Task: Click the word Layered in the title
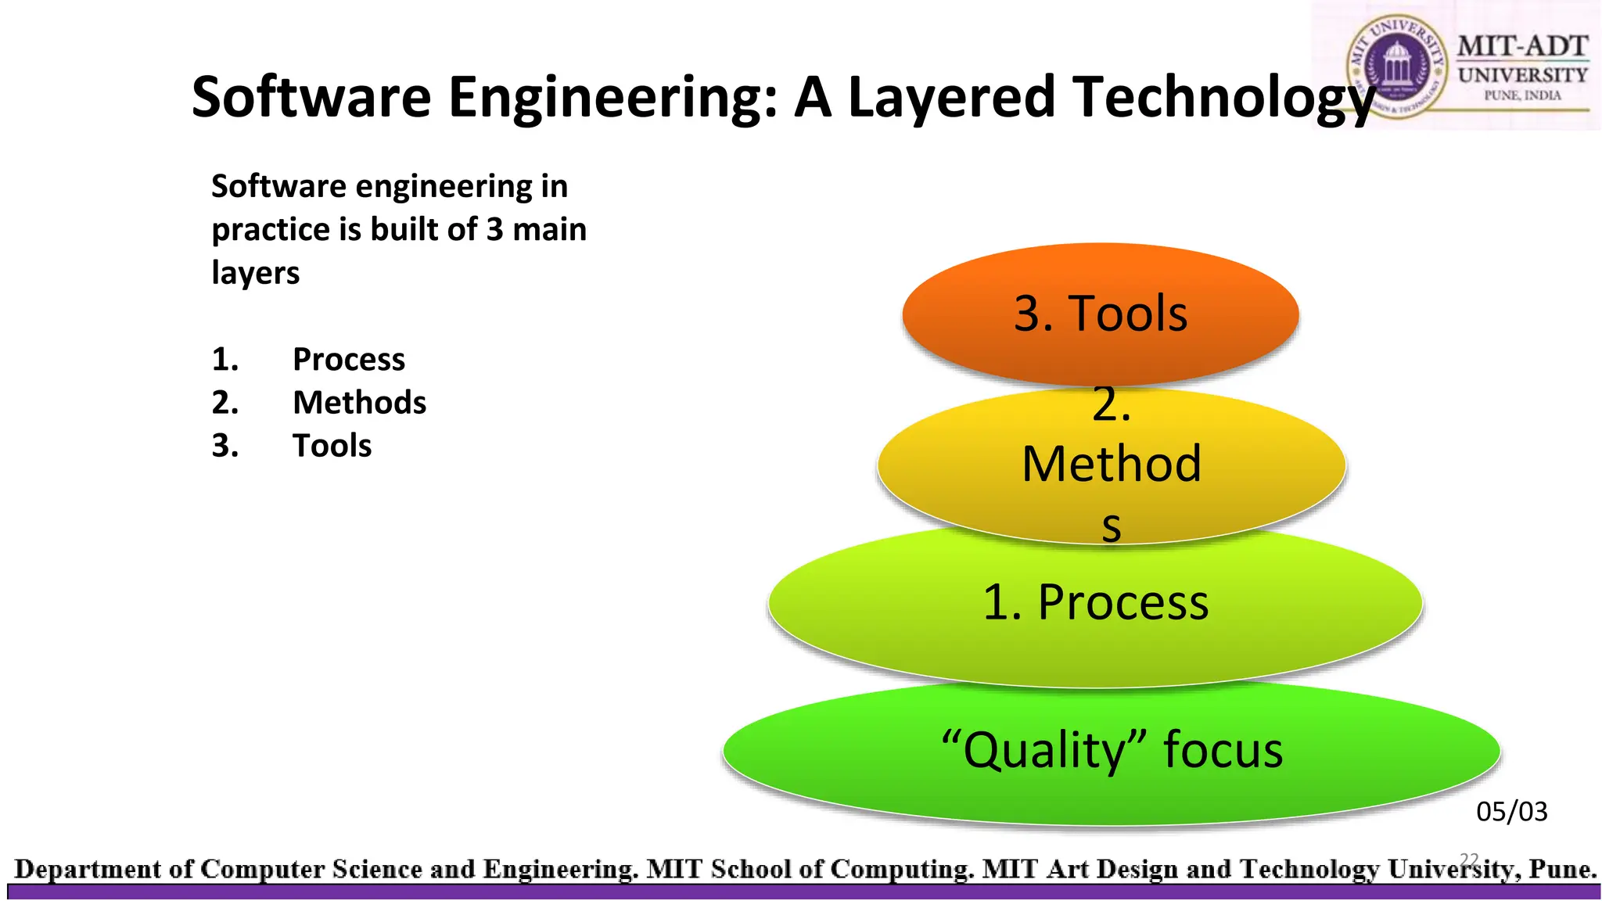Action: click(951, 97)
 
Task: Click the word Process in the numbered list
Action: click(349, 360)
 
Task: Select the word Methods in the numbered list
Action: click(359, 403)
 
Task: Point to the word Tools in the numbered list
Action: click(332, 446)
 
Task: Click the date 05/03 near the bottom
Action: click(1511, 812)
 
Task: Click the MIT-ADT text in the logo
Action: click(1522, 46)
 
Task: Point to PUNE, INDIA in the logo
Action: click(1522, 95)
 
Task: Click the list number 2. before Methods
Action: click(224, 403)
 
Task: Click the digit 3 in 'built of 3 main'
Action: click(494, 230)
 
